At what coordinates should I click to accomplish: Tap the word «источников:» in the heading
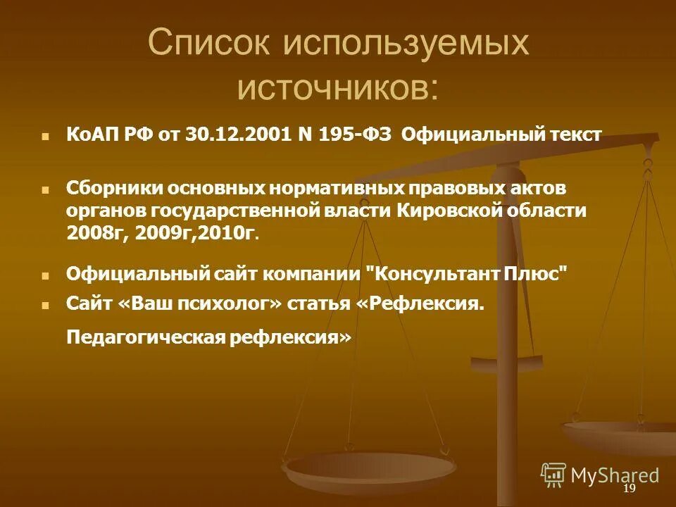(337, 88)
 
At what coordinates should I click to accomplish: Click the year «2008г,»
(96, 232)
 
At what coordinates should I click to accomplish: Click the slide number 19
(629, 489)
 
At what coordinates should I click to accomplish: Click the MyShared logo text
(614, 475)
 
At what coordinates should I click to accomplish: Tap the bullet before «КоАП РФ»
(46, 137)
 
